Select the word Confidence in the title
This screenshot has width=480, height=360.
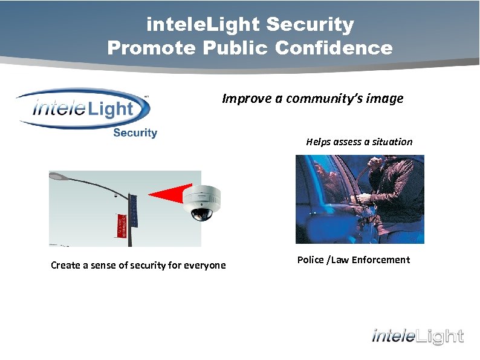[334, 48]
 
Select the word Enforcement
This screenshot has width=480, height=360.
[380, 260]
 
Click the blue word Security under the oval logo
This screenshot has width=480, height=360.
[135, 133]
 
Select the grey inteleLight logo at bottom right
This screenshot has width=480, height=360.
[417, 336]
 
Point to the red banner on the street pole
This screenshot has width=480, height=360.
[122, 225]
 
